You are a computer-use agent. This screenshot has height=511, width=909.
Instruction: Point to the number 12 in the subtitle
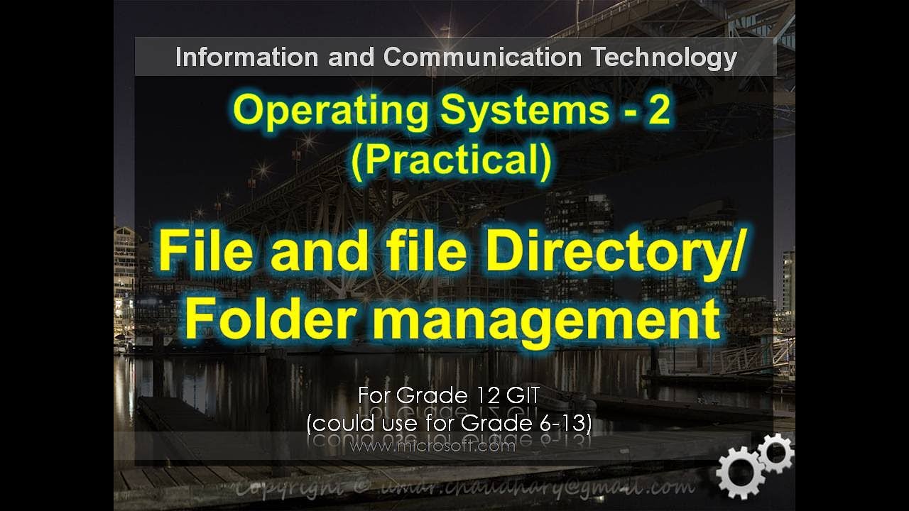click(486, 395)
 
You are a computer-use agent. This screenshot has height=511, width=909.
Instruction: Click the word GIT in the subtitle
click(529, 395)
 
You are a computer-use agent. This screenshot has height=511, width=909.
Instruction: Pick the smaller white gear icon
click(775, 451)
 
